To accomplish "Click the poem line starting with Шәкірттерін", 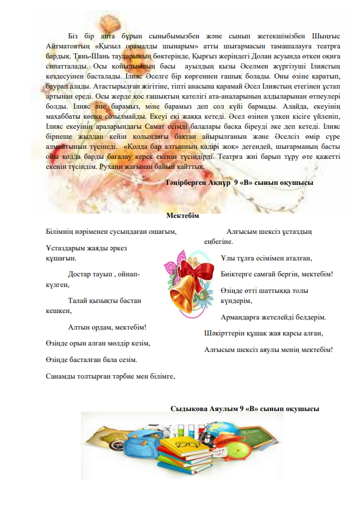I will (223, 333).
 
